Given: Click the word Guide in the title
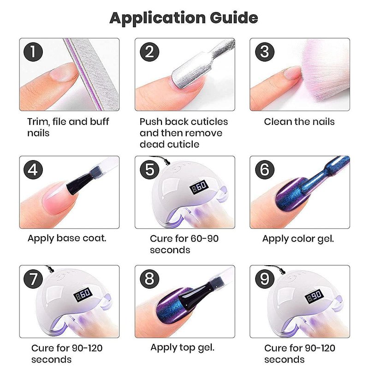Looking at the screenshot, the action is pos(234,18).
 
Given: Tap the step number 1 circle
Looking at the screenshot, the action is pos(33,52).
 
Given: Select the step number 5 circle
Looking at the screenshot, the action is pos(149,169).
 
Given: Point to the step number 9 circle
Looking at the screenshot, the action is pos(265,279).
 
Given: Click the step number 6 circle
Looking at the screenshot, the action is pos(265,169).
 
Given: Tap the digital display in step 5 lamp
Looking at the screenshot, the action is pos(199,187).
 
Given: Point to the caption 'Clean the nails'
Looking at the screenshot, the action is pos(299,122).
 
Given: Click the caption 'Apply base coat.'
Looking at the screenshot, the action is pos(67,238).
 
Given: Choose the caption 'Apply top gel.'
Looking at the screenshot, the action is pos(182,348).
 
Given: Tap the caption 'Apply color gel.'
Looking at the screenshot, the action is pos(298,239).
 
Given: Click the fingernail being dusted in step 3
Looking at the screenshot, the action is pos(292,73).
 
